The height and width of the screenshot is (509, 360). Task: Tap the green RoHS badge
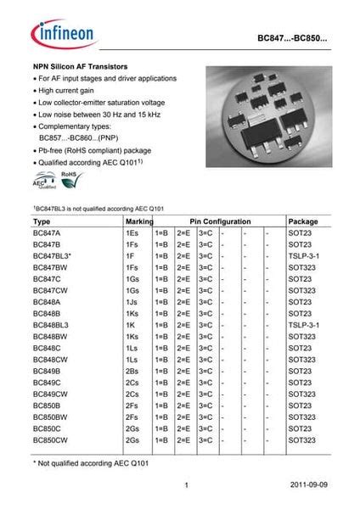click(x=68, y=177)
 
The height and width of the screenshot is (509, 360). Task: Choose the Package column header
click(x=303, y=221)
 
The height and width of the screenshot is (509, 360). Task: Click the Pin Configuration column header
click(x=213, y=221)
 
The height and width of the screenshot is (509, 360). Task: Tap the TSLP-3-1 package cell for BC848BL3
click(x=303, y=324)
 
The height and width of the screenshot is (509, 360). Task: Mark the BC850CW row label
click(x=49, y=440)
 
